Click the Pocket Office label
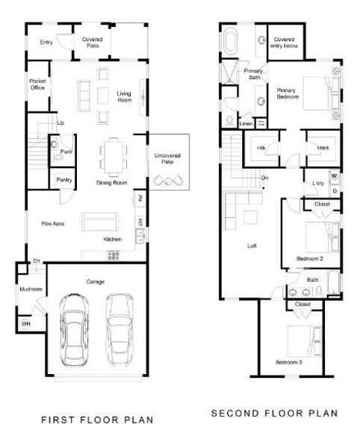coord(37,84)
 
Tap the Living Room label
coord(124,96)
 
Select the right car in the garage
coord(120,327)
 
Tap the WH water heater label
coord(25,323)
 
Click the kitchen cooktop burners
coord(114,255)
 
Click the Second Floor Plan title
coord(275,413)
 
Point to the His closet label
coord(261,148)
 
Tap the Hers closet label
coord(323,148)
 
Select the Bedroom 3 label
coord(290,362)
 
